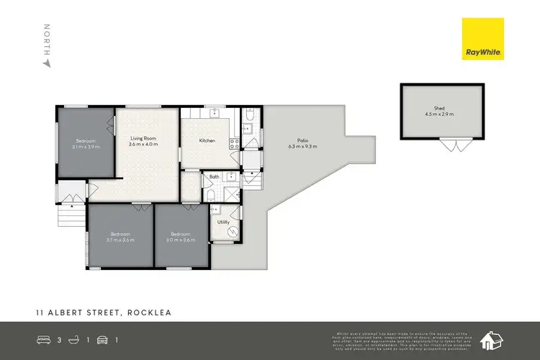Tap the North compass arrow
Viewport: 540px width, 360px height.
[48, 63]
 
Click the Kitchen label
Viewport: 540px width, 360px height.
[207, 140]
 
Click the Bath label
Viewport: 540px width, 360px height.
[214, 176]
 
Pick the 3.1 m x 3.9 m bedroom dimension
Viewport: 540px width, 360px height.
[86, 146]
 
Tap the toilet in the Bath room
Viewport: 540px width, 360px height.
[209, 194]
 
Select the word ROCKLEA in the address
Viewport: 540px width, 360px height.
[150, 313]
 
